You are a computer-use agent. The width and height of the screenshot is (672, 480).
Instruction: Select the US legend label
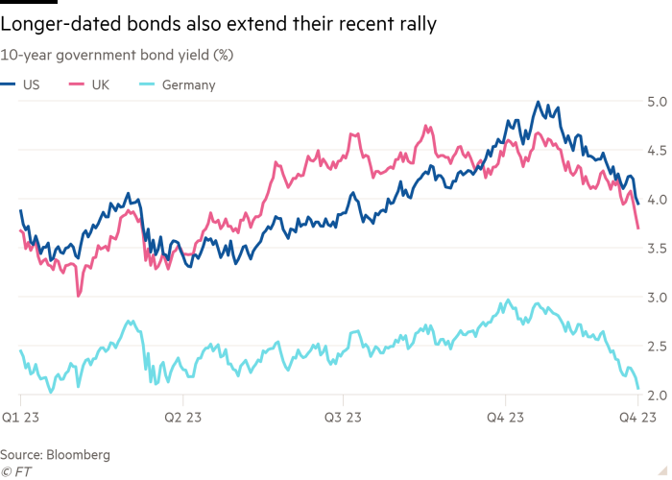pyautogui.click(x=32, y=85)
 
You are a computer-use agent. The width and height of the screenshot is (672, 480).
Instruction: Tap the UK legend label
pyautogui.click(x=101, y=85)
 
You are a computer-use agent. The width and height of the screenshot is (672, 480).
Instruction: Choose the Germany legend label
pyautogui.click(x=189, y=85)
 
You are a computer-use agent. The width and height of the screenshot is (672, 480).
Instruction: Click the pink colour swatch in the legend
pyautogui.click(x=80, y=85)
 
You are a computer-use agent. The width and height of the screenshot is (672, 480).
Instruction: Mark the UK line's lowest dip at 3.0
pyautogui.click(x=79, y=296)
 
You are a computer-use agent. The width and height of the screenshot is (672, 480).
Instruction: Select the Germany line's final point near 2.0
pyautogui.click(x=638, y=388)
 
